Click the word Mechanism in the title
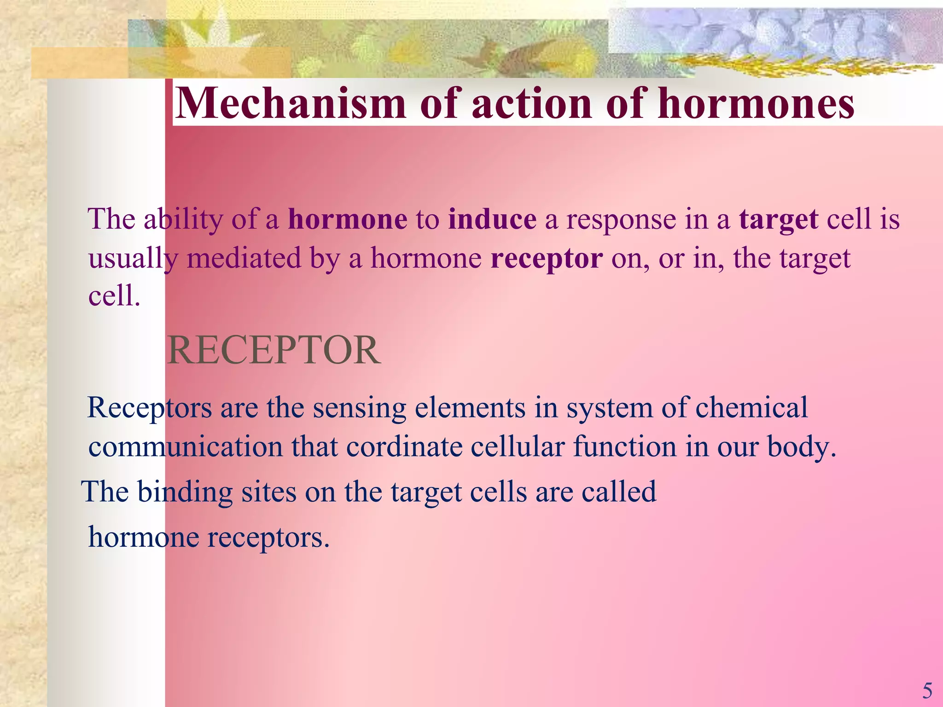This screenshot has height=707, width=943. coord(291,104)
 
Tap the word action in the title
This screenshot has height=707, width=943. coord(531,104)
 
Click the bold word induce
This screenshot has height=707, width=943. coord(492,219)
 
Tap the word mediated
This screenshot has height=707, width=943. coord(244,258)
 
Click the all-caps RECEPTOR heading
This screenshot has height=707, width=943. coord(274,351)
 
